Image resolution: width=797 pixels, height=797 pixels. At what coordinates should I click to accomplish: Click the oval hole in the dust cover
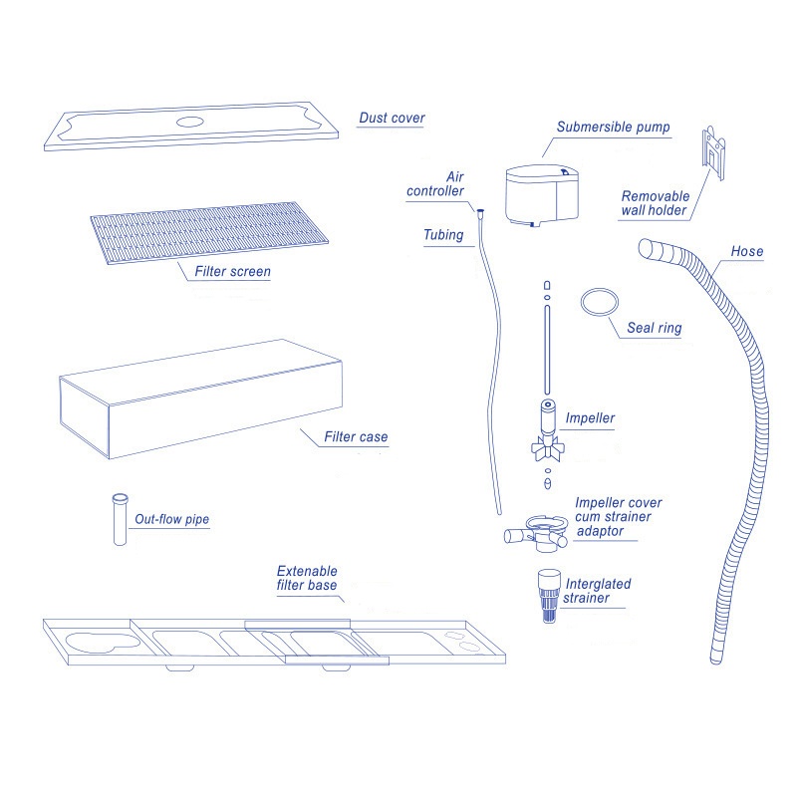click(188, 122)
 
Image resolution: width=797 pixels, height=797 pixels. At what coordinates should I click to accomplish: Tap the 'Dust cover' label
click(392, 119)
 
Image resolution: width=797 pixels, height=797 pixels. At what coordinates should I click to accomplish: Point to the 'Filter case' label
click(356, 436)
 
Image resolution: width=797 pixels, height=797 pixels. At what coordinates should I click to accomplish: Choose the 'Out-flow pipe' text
click(171, 519)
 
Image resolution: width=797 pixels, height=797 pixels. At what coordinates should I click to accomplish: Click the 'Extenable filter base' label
click(306, 579)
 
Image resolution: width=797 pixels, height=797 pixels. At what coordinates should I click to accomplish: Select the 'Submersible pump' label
click(613, 128)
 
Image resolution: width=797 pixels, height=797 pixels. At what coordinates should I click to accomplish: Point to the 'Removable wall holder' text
click(655, 203)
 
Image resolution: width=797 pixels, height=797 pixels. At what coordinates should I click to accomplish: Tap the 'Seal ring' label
click(655, 329)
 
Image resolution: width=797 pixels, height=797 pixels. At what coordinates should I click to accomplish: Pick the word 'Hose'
click(746, 251)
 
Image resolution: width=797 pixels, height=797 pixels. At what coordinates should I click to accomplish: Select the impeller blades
click(546, 446)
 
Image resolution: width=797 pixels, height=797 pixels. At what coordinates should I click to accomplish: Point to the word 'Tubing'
click(443, 235)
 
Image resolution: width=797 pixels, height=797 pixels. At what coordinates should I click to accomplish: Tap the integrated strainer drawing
click(546, 596)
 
